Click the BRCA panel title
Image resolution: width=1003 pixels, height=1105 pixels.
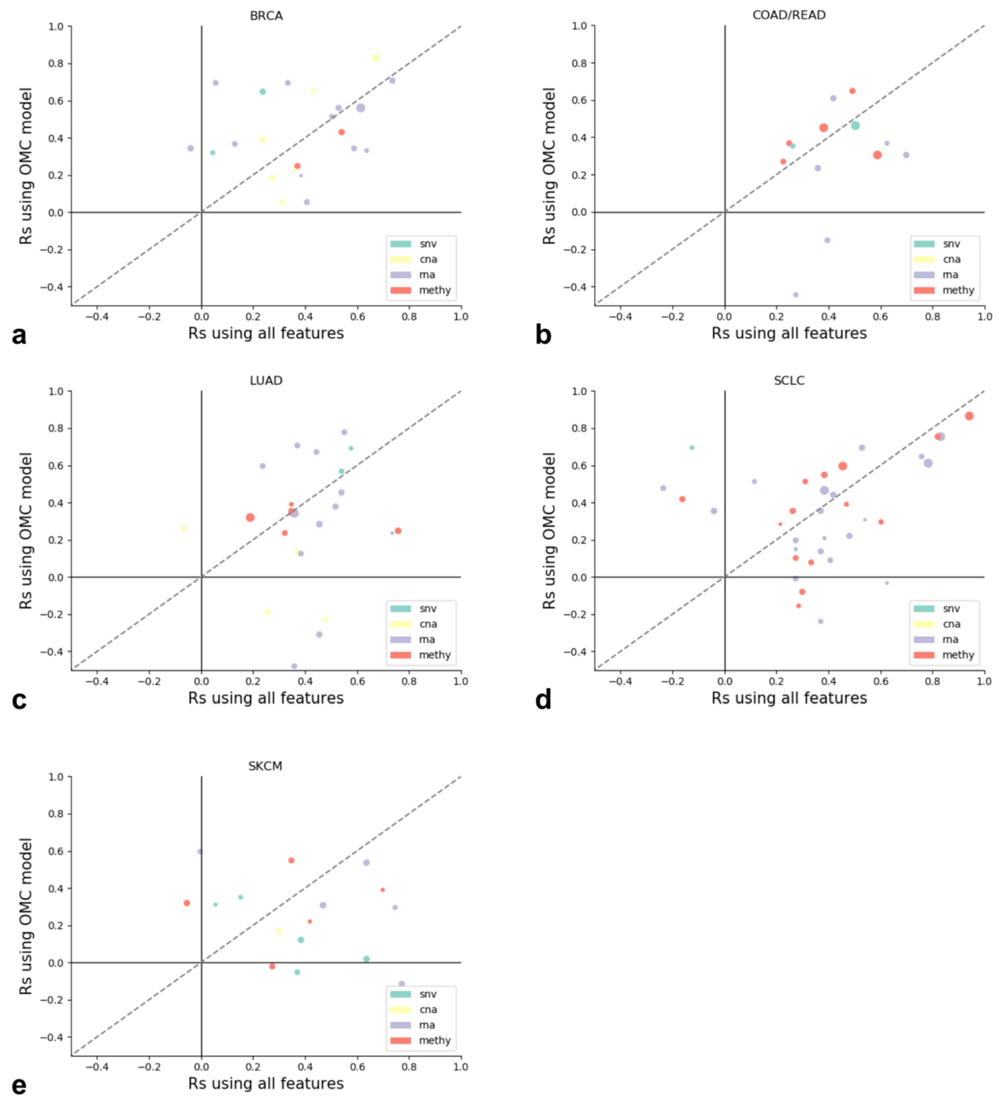[266, 16]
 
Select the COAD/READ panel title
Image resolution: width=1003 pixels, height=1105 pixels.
[789, 15]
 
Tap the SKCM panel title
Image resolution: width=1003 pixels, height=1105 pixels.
[265, 766]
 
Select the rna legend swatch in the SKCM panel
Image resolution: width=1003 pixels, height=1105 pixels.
[400, 1025]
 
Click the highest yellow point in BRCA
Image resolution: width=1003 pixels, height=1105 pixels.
[376, 58]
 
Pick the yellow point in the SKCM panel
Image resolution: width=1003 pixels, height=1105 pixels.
[279, 931]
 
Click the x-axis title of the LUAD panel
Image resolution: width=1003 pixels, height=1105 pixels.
[266, 698]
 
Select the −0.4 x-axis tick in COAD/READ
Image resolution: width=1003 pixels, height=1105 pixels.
[620, 317]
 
